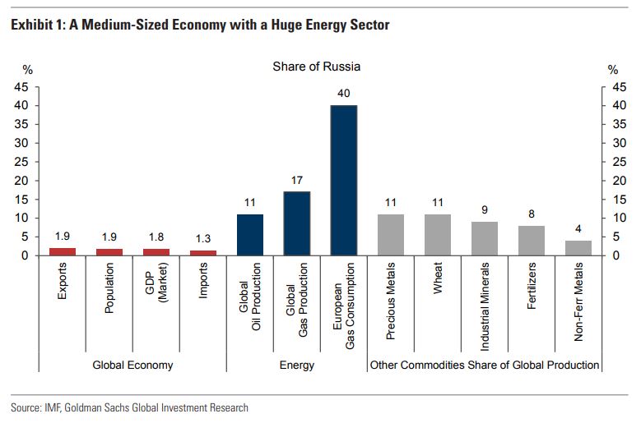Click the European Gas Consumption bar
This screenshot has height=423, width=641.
[343, 180]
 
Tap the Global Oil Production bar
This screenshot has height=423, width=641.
[249, 235]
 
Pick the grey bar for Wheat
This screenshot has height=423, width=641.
[438, 235]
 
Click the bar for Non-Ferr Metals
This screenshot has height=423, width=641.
[578, 248]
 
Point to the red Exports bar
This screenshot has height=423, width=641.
[63, 251]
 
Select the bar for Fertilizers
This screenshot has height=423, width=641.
[532, 241]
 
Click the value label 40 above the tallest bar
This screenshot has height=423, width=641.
[343, 94]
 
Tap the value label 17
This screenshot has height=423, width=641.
[296, 180]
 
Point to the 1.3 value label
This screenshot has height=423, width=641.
[203, 239]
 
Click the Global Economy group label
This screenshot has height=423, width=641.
[132, 365]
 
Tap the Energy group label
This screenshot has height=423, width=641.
[296, 365]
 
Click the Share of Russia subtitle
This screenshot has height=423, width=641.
[316, 67]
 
